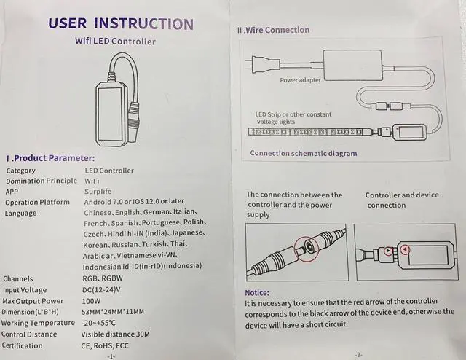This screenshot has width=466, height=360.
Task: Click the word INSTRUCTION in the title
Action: [x=144, y=24]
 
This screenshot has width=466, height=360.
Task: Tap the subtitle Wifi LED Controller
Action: [x=115, y=41]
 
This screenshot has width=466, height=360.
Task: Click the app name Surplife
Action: [x=98, y=192]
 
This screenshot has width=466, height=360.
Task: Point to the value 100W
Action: [x=91, y=301]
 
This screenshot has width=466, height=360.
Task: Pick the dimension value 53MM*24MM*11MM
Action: [x=113, y=311]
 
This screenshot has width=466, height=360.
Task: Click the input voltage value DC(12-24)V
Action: [x=101, y=289]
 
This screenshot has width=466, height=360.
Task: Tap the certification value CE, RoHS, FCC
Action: [x=105, y=345]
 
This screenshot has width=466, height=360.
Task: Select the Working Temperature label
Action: [x=38, y=323]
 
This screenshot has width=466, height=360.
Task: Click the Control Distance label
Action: [x=29, y=334]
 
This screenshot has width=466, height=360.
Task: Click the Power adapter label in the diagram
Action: [x=301, y=80]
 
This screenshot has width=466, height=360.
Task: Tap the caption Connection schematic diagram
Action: [x=304, y=153]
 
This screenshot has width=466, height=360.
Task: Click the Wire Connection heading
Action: [x=273, y=30]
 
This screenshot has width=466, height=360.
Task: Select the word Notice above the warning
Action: [x=257, y=293]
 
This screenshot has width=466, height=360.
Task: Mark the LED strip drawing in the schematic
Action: [x=309, y=131]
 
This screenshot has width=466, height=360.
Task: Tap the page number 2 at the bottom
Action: [x=358, y=355]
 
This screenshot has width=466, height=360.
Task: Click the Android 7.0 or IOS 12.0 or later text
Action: [x=134, y=202]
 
